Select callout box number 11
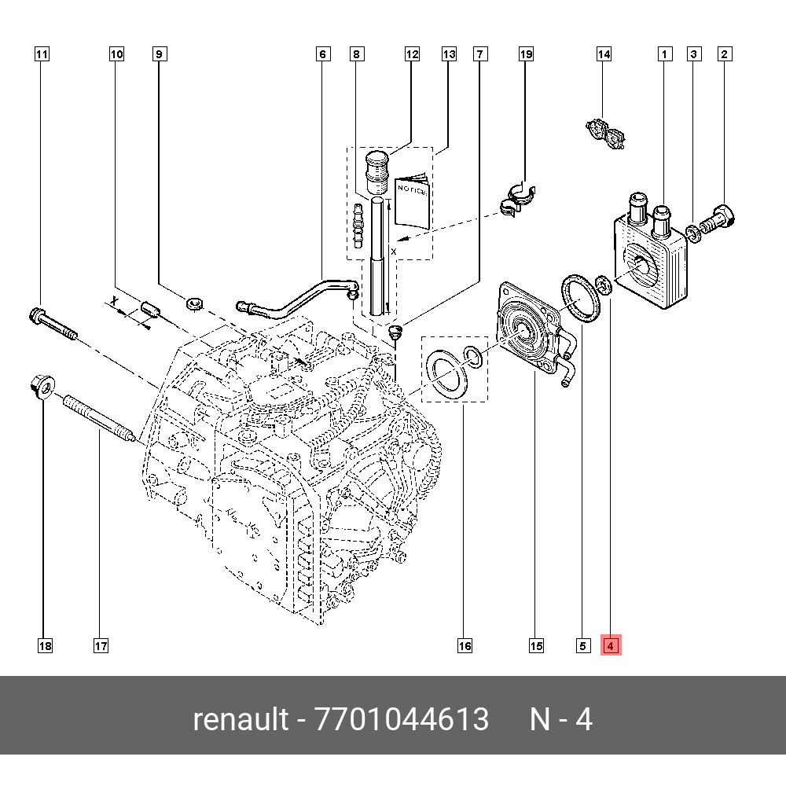(x=42, y=54)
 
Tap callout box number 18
(x=45, y=645)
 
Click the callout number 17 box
(x=100, y=645)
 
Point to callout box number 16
(x=465, y=645)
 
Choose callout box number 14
(x=603, y=54)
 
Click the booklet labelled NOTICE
(x=412, y=203)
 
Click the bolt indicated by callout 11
(x=52, y=325)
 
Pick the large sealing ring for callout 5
(x=578, y=298)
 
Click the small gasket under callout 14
(x=606, y=135)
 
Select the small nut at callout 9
(x=196, y=302)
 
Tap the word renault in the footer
(x=241, y=719)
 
